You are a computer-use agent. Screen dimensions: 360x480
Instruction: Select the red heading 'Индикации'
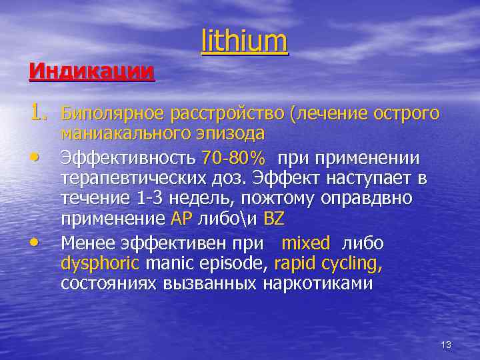pos(91,70)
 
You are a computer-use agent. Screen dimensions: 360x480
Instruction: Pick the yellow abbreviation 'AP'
pos(181,219)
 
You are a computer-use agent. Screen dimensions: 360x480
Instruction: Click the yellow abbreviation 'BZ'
pos(274,219)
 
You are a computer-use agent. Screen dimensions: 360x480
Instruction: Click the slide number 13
pos(446,345)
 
